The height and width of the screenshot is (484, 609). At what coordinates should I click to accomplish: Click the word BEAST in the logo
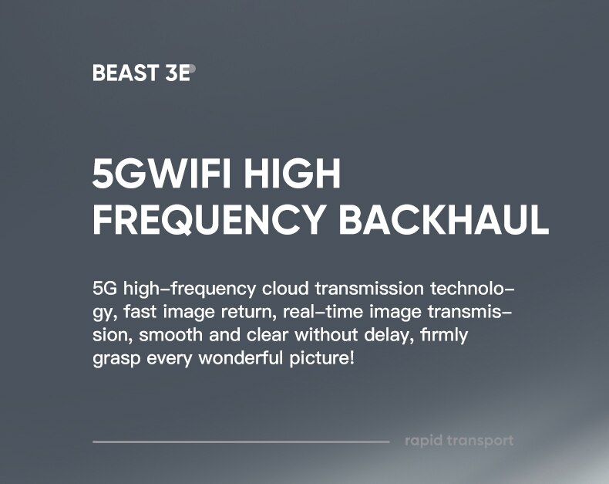coord(125,73)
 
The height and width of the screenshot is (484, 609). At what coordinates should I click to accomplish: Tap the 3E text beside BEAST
coord(178,73)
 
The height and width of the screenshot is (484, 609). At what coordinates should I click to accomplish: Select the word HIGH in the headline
coord(292,174)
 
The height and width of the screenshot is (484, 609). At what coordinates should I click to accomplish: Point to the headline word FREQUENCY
coord(209,219)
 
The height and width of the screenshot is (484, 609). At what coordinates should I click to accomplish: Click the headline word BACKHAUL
coord(444,219)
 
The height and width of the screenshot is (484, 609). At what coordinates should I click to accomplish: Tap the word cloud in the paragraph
coord(285,289)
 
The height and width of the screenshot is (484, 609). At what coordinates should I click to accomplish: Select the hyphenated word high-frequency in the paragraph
coord(189,289)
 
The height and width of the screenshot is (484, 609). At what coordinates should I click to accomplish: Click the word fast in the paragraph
coord(140,312)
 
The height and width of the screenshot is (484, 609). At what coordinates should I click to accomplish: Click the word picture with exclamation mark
coord(322,358)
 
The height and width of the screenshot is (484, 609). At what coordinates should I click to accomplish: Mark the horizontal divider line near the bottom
coord(241,442)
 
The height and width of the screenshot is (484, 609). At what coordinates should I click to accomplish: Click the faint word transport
coord(480,442)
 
